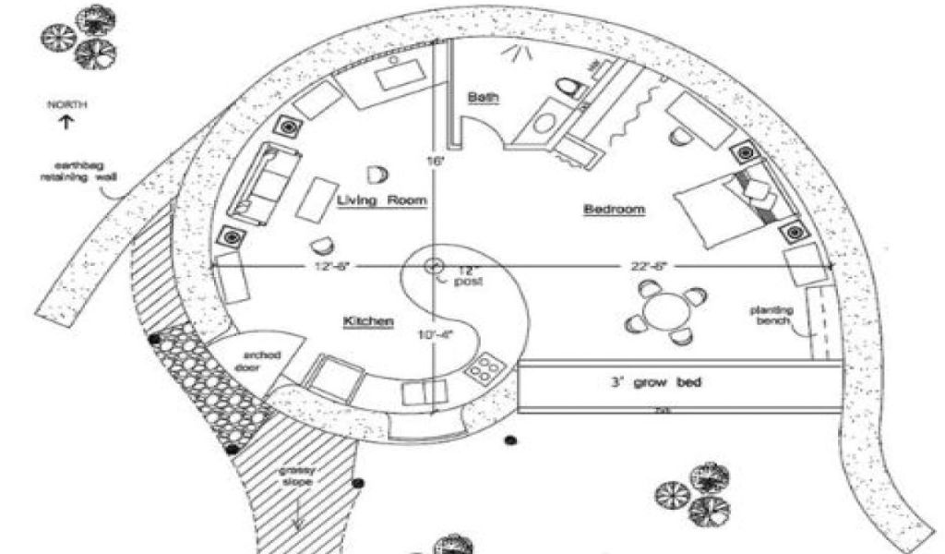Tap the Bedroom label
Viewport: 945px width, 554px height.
pyautogui.click(x=614, y=210)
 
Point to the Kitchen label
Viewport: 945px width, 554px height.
pyautogui.click(x=369, y=321)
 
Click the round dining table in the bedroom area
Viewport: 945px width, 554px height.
pyautogui.click(x=659, y=312)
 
